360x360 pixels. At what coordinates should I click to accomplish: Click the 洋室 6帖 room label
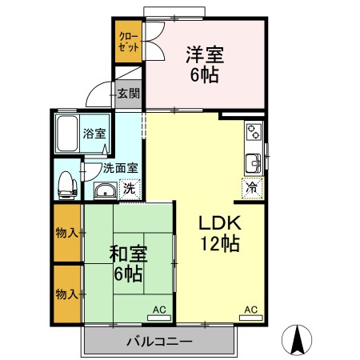204,65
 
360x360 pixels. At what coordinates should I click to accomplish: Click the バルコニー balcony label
159,341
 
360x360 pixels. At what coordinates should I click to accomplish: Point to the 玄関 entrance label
128,94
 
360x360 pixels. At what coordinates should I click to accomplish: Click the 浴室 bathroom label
94,134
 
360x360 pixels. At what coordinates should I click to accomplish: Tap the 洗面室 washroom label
121,168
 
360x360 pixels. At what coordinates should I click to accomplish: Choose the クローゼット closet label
128,42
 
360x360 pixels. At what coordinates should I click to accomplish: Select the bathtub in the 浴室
68,133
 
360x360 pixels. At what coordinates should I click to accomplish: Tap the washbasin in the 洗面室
105,190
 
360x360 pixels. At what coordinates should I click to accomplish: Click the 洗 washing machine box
128,190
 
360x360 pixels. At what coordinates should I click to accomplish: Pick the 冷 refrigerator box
252,189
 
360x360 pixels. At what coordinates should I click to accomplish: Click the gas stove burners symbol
254,130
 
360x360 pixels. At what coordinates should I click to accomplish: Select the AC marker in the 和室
158,309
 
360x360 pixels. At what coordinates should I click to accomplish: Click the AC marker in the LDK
250,309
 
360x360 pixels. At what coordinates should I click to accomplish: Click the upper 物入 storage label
66,233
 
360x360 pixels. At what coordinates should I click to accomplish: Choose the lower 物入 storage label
66,294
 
